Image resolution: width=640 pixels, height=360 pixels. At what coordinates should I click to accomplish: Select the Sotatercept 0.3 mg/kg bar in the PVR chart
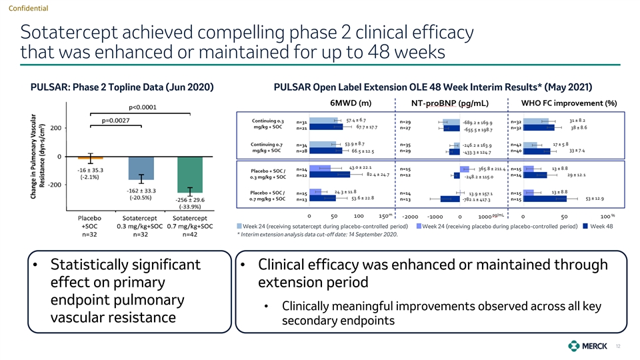click(x=141, y=169)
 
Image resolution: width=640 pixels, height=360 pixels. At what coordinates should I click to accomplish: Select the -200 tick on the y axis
click(x=54, y=185)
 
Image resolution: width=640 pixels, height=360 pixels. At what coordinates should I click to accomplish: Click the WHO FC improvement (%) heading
click(x=569, y=103)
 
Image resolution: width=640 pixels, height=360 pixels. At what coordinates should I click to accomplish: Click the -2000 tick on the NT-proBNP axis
click(x=411, y=217)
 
